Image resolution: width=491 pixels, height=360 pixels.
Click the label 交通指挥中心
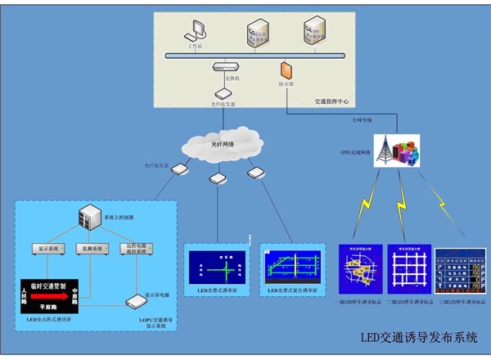(331, 102)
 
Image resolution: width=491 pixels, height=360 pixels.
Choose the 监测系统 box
(92, 247)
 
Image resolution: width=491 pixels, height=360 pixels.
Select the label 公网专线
(362, 120)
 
